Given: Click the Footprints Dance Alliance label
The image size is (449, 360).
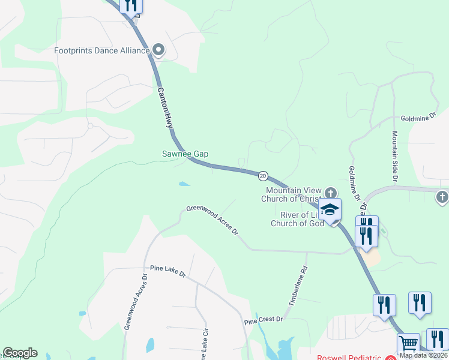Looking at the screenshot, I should click(x=101, y=50).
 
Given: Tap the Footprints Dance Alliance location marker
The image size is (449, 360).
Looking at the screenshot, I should click(x=158, y=50).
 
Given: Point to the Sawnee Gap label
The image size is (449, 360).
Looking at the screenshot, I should click(x=185, y=154).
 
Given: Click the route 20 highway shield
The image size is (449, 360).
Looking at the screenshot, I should click(x=263, y=176).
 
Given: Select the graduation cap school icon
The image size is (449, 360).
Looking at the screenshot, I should click(x=330, y=210).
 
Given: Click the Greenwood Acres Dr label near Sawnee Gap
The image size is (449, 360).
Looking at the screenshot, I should click(x=212, y=220).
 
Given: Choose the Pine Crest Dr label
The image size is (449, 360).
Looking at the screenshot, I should click(x=263, y=320).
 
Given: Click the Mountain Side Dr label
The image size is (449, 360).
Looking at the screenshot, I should click(x=395, y=157).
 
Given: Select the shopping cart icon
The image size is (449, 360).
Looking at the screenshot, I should click(x=408, y=344).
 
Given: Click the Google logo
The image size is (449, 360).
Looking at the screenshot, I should click(x=20, y=353).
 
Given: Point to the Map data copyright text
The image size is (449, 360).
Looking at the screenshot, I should click(x=423, y=355).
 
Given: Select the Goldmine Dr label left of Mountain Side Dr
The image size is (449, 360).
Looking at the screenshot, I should click(x=354, y=184).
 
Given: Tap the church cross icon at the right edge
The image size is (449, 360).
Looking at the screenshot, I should click(x=442, y=197).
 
